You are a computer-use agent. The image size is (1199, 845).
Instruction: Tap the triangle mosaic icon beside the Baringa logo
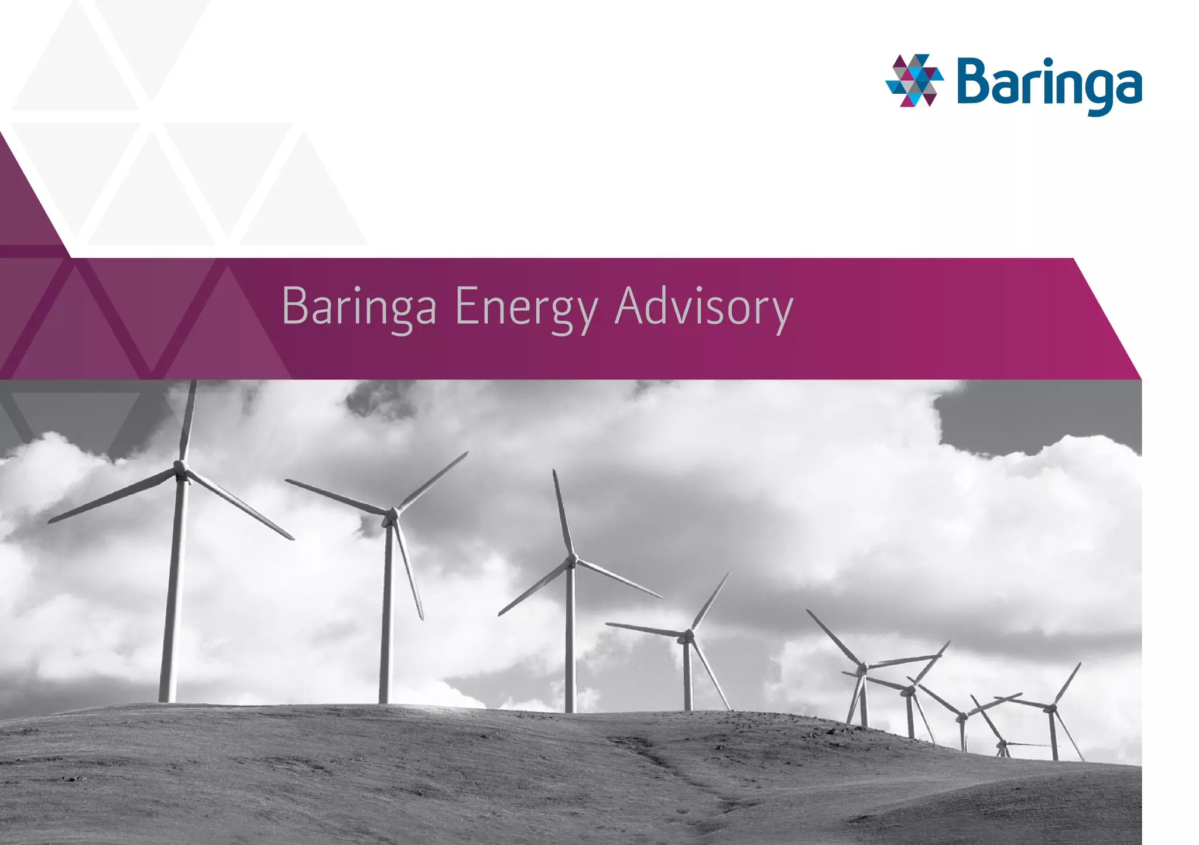tap(914, 80)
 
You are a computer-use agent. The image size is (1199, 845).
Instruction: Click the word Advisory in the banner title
tap(704, 306)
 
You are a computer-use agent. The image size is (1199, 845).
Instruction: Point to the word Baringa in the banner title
tap(359, 306)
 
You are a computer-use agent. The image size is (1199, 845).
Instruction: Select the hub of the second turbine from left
tap(392, 515)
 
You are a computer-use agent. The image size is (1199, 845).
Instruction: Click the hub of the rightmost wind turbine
tap(1052, 709)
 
